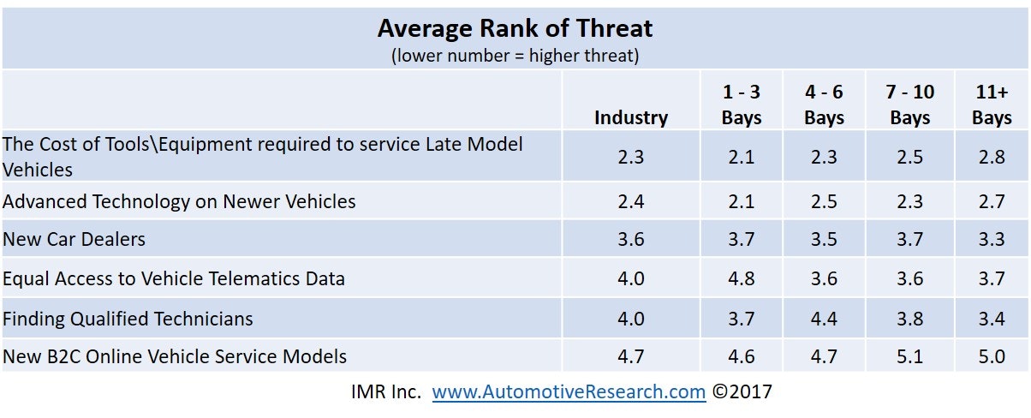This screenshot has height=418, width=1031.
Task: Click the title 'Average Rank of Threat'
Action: (515, 28)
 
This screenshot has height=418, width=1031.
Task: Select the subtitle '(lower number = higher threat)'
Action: (515, 56)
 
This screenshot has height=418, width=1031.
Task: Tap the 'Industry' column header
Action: (631, 118)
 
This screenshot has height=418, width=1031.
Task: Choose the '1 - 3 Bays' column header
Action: (742, 105)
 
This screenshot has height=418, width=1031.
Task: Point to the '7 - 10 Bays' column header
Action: (909, 105)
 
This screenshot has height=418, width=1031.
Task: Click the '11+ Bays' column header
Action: (992, 105)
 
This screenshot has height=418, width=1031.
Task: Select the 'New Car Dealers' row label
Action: (74, 240)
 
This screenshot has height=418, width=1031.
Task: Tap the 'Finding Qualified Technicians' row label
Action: (128, 319)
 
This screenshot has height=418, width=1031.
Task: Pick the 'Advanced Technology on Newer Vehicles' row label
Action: (179, 202)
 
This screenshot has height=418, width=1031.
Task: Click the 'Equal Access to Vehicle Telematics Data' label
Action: (174, 278)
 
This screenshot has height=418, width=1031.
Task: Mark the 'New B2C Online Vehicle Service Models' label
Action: (175, 356)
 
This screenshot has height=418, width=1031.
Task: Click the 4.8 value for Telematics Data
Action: (742, 278)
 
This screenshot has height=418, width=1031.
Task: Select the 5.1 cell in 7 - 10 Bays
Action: (909, 356)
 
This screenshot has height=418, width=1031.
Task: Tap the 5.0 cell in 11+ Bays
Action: (992, 356)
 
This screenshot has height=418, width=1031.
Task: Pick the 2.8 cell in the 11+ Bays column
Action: (992, 157)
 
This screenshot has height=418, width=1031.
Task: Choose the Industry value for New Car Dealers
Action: (631, 240)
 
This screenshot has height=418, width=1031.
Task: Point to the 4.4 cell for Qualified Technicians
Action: (824, 319)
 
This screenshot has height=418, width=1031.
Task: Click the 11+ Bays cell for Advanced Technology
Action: (992, 202)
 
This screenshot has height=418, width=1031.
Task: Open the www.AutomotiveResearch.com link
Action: (569, 392)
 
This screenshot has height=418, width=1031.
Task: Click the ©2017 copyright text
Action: (742, 392)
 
